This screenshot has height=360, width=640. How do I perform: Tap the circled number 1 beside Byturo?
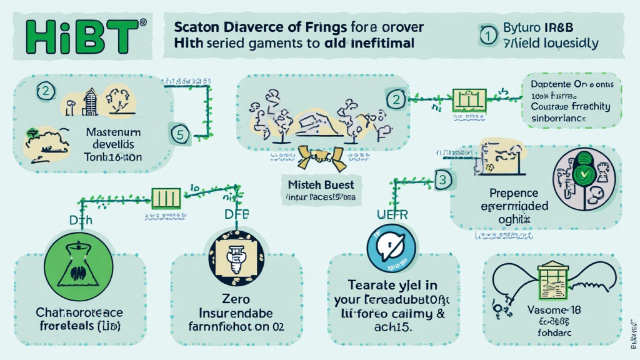coord(487,37)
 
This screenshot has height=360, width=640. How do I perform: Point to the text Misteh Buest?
coord(321,186)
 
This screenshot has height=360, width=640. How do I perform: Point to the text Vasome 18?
coord(544,310)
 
